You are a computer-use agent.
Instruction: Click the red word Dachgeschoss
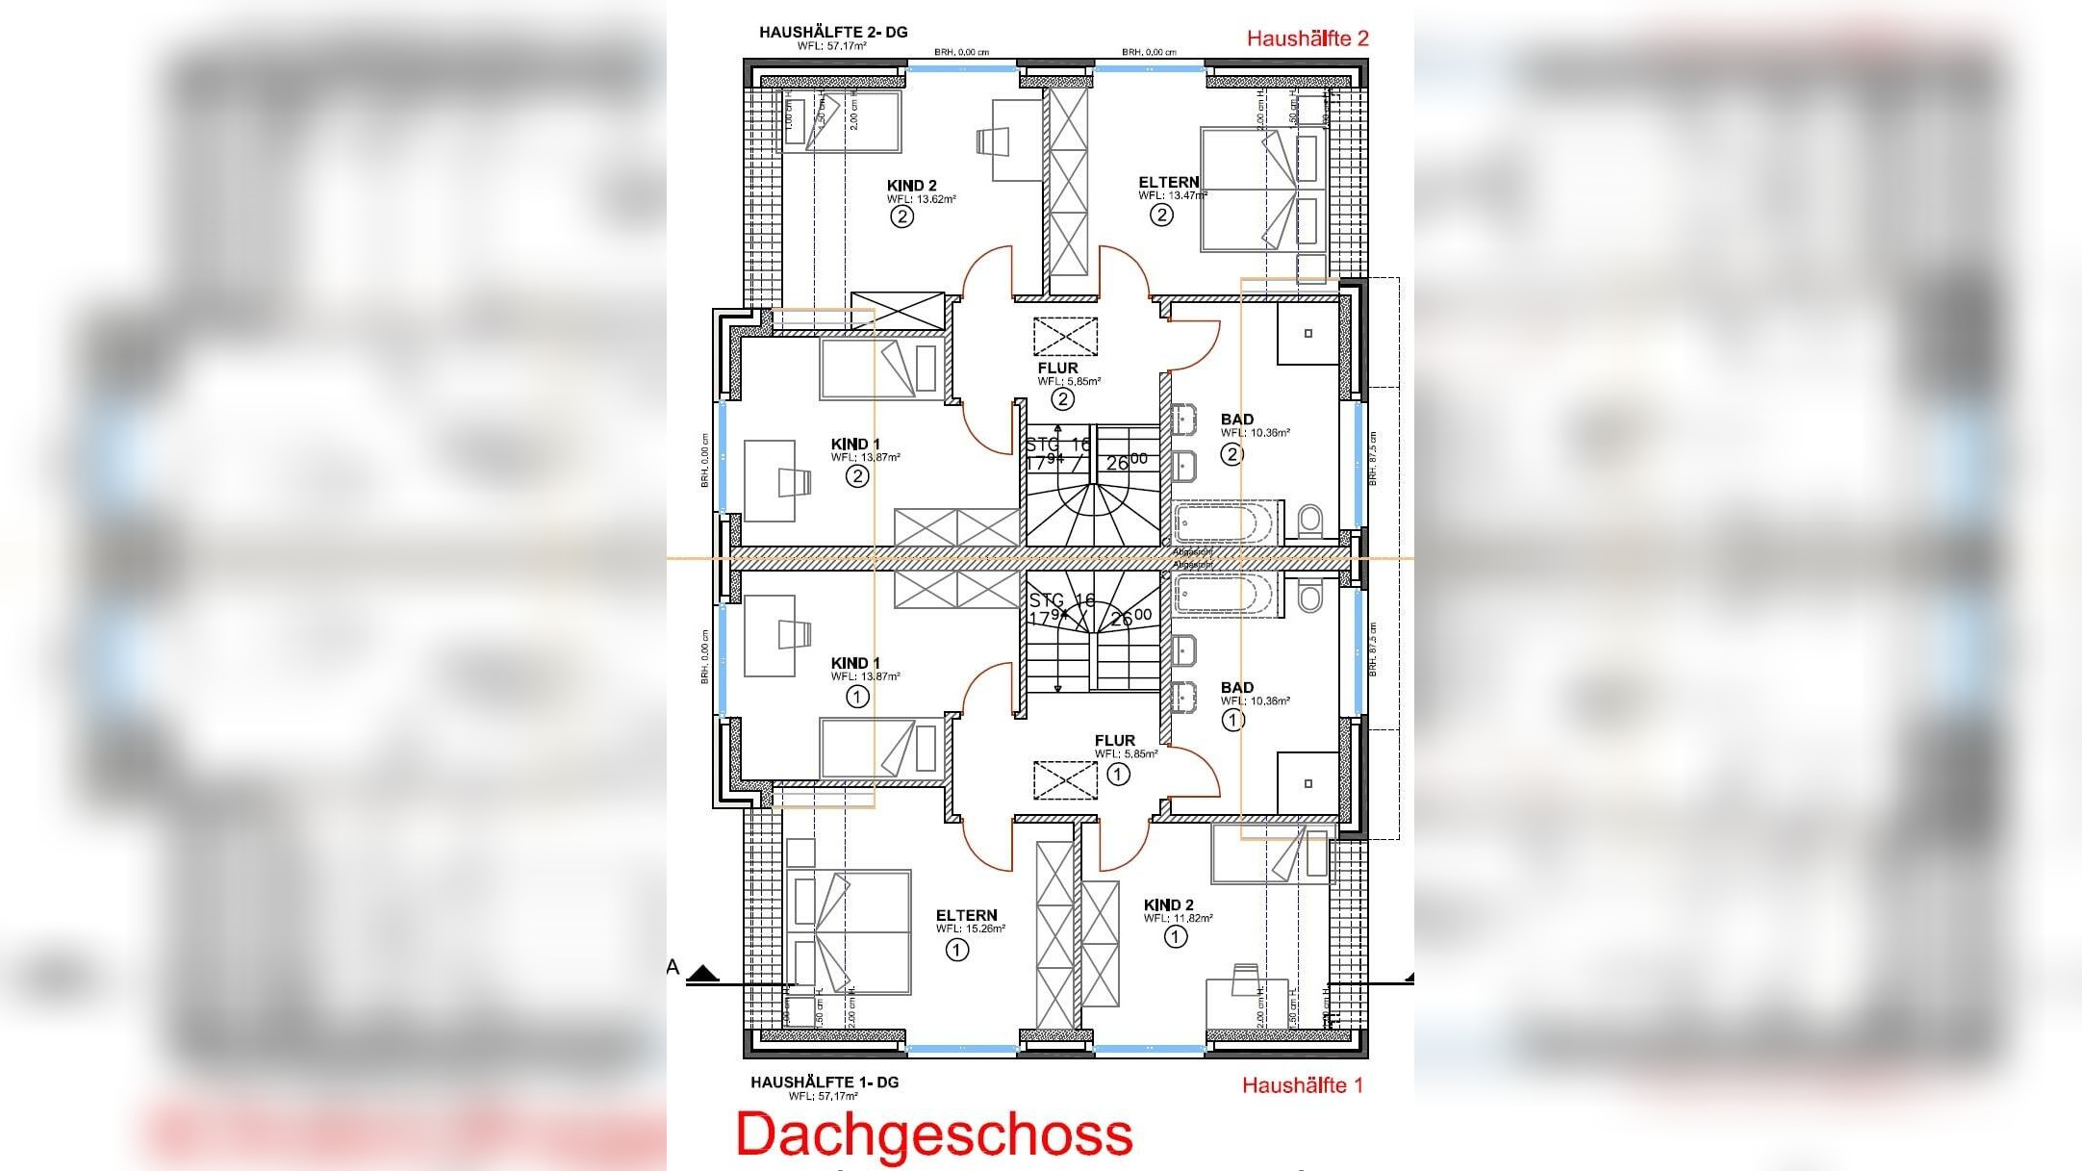(934, 1134)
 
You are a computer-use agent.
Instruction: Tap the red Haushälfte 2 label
(1307, 38)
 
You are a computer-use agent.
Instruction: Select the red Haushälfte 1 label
(1302, 1085)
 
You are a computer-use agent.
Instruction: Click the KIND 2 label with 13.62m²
(911, 186)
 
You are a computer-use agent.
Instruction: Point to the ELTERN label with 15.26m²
(966, 916)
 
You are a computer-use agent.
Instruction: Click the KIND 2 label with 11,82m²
(1168, 905)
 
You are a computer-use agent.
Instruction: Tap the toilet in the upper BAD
(1309, 522)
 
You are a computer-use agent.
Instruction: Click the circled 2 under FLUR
(1062, 398)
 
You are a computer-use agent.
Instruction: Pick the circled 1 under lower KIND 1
(856, 697)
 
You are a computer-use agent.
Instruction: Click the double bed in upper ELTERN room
(1261, 190)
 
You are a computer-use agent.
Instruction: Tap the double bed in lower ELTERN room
(849, 932)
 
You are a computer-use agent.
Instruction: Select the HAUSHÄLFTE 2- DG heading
(832, 33)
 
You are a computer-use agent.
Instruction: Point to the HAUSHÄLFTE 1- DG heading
(825, 1082)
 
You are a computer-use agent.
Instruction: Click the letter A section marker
(673, 968)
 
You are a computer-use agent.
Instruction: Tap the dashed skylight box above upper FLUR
(1065, 337)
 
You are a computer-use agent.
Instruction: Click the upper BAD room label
(1236, 420)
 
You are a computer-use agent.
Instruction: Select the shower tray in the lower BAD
(1308, 783)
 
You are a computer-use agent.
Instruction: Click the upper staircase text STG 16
(1057, 445)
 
